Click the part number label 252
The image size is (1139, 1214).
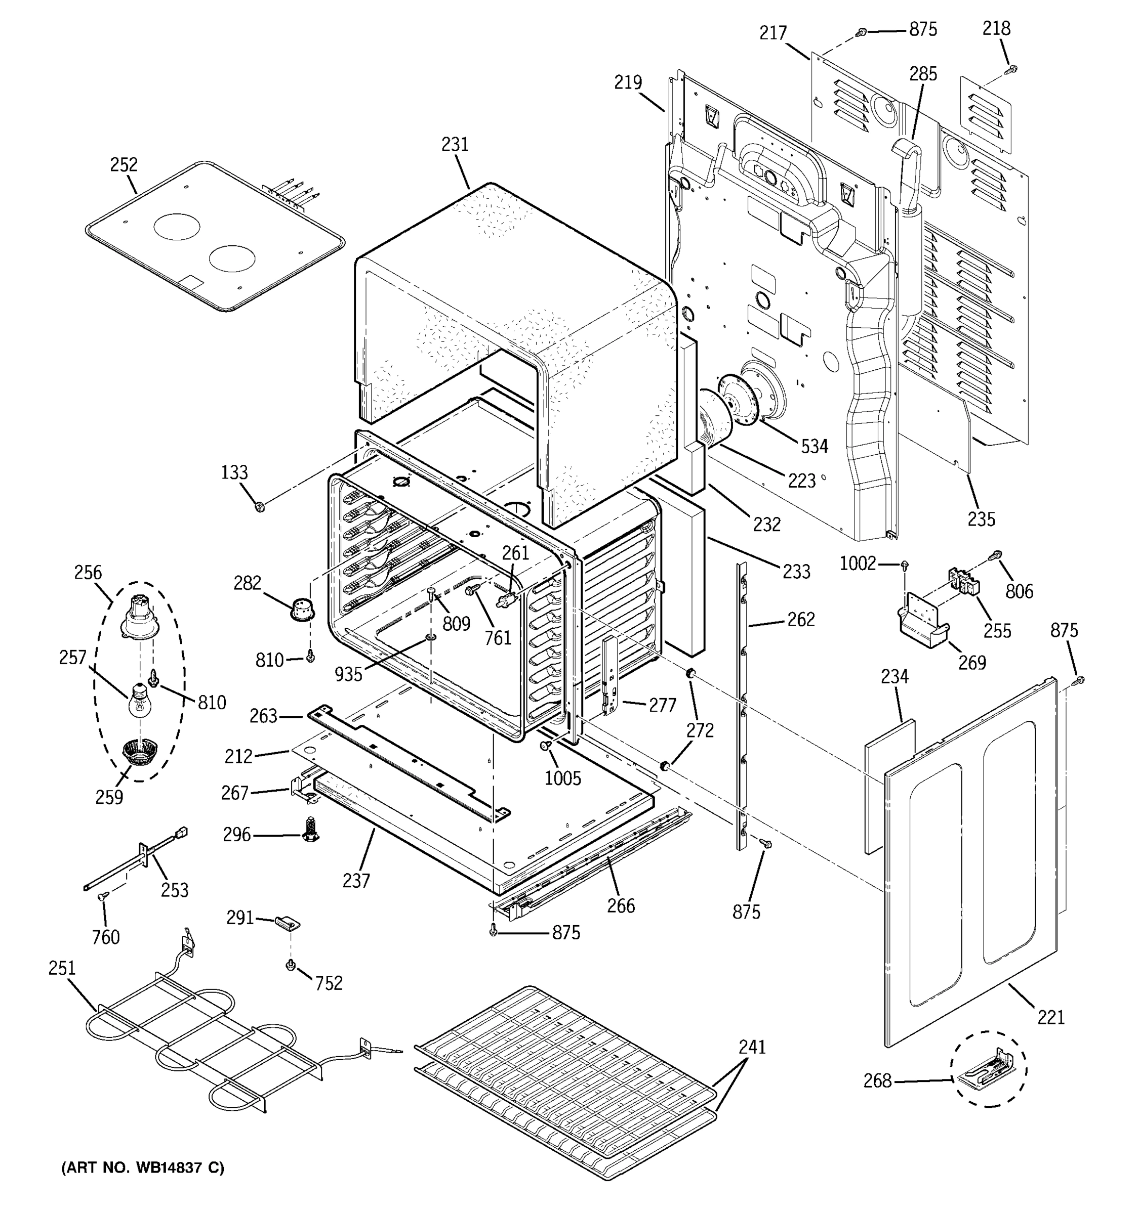[x=124, y=165]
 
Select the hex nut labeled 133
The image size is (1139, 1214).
[x=260, y=506]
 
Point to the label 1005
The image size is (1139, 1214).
[x=563, y=778]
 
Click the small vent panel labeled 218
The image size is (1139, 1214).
[x=985, y=115]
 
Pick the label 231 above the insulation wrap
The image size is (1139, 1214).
[x=455, y=145]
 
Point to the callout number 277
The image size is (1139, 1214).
[x=662, y=705]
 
